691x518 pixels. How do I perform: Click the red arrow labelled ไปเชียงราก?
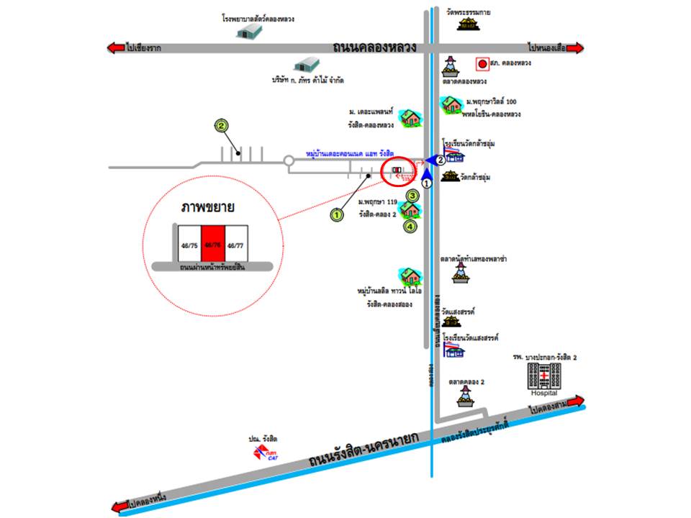116,48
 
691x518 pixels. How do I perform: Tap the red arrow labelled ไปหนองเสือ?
575,48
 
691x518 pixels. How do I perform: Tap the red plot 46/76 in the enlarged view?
212,245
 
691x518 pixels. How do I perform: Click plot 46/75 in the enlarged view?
189,245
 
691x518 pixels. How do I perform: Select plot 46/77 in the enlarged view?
235,245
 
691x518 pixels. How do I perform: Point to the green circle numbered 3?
412,194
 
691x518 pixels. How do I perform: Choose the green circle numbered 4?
410,227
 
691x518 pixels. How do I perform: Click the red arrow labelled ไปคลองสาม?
575,401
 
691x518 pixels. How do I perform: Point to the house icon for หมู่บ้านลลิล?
410,276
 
